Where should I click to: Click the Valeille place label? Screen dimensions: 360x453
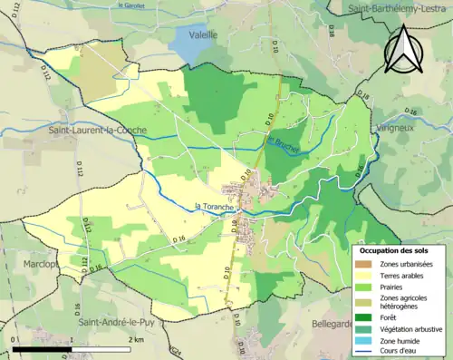[x=204, y=34]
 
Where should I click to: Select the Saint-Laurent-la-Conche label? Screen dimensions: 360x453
[x=98, y=131]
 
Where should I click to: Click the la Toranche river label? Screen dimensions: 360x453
[x=217, y=206]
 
